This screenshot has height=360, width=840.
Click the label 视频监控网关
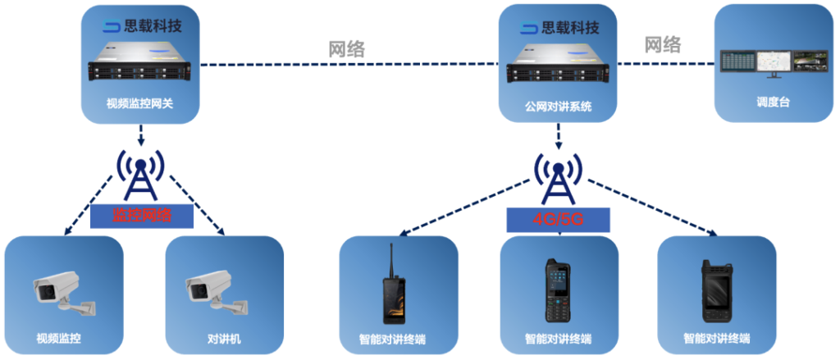140,104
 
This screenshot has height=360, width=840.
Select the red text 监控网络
142,216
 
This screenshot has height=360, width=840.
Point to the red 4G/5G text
558,220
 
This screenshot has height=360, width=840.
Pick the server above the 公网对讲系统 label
559,66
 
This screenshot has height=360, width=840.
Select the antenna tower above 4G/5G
559,176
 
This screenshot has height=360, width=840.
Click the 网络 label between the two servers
346,48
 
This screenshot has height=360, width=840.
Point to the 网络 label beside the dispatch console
662,44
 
